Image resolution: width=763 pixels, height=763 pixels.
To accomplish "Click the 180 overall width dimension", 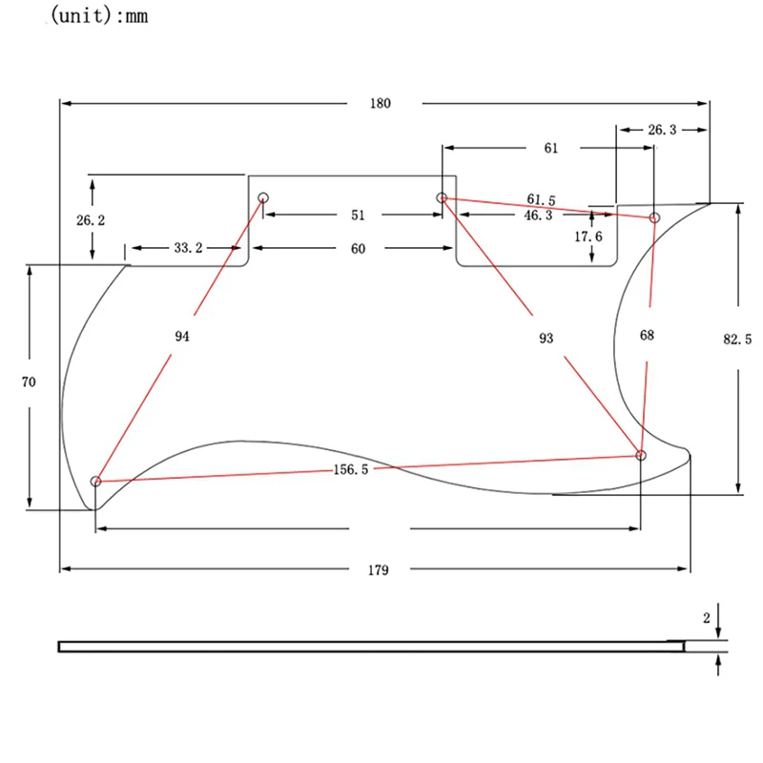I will (x=381, y=103).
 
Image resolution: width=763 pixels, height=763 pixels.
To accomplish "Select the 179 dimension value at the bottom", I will (x=379, y=570).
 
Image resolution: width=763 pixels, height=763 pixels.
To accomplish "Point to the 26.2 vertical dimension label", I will (x=91, y=220).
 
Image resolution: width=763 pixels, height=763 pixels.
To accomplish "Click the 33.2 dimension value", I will (x=188, y=248).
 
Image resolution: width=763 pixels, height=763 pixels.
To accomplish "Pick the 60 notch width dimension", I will (x=358, y=248).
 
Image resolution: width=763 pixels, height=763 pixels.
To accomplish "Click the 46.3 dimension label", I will (x=538, y=217).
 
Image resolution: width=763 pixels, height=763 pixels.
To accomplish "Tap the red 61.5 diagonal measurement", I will (x=541, y=199).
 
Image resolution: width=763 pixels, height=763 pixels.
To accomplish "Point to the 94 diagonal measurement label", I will (x=183, y=336).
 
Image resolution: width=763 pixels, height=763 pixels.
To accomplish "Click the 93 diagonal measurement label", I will (x=546, y=339).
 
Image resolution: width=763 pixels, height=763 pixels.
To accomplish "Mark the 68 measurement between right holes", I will (x=649, y=336).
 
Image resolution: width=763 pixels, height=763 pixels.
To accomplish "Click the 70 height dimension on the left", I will (x=29, y=381).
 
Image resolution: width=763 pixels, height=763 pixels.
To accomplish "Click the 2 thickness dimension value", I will (x=707, y=618).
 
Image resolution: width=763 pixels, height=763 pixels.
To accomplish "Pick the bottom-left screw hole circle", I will (x=95, y=482).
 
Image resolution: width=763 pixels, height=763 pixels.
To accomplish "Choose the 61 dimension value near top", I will (x=551, y=148).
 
